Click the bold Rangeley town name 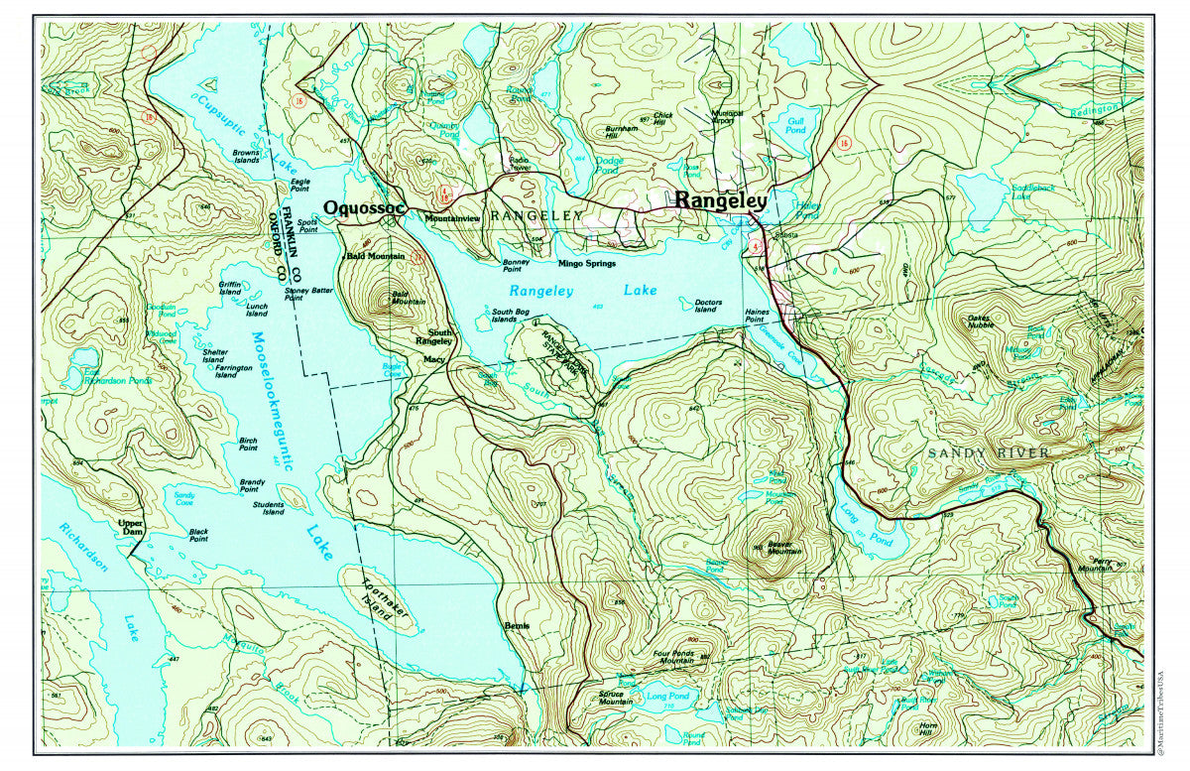coord(720,200)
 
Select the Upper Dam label coord(131,527)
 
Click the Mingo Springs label coord(586,264)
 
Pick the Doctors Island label coord(707,307)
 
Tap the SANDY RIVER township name coord(988,453)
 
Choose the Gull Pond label coord(796,126)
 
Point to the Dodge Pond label coord(609,165)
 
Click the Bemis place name coord(517,626)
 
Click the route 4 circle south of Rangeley coord(756,243)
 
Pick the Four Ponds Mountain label coord(676,660)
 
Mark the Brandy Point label coord(250,485)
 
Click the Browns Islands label coord(246,157)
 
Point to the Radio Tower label coord(519,164)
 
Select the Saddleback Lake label coord(1035,191)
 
